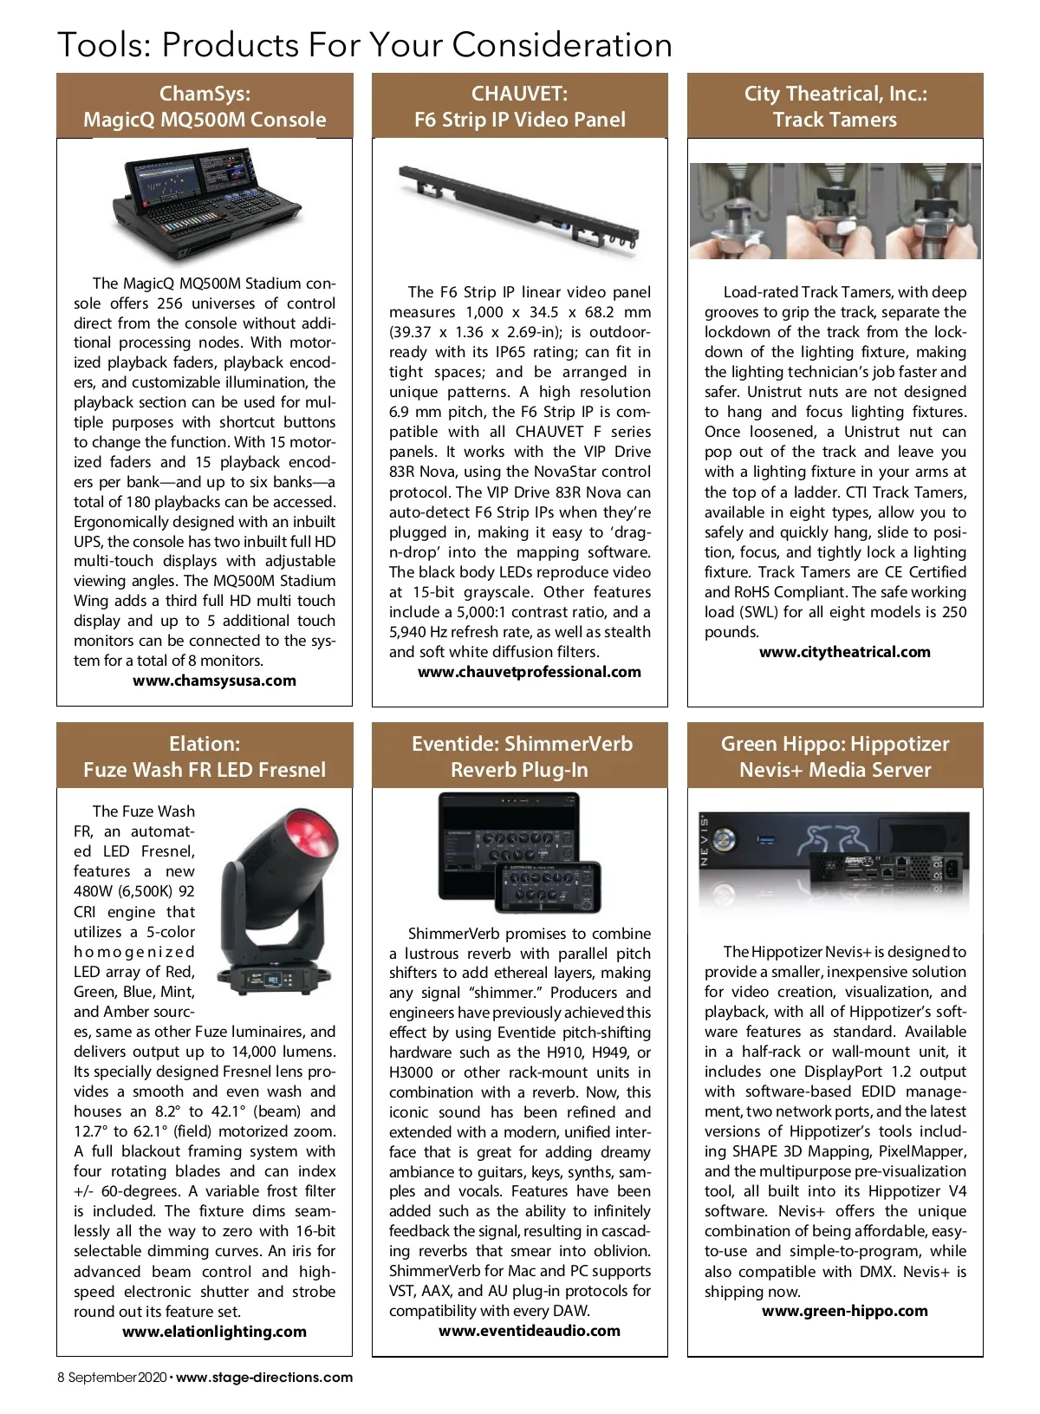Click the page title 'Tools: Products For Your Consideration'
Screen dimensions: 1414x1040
click(364, 45)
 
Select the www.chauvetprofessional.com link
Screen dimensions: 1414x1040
click(530, 672)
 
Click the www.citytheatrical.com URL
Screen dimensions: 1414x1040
click(845, 652)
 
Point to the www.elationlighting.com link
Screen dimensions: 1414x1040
click(214, 1332)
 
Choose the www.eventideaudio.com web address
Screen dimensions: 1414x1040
click(530, 1331)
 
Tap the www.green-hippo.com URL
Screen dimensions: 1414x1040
click(845, 1311)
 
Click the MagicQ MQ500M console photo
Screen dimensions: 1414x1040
click(205, 205)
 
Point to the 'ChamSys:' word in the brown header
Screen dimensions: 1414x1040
click(205, 94)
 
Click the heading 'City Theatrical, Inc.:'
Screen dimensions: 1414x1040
click(835, 94)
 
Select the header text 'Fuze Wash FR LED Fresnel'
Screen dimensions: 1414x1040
click(205, 770)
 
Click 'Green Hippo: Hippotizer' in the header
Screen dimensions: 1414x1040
click(835, 744)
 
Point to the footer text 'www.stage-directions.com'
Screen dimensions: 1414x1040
click(264, 1378)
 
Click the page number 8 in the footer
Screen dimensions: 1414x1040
click(62, 1378)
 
